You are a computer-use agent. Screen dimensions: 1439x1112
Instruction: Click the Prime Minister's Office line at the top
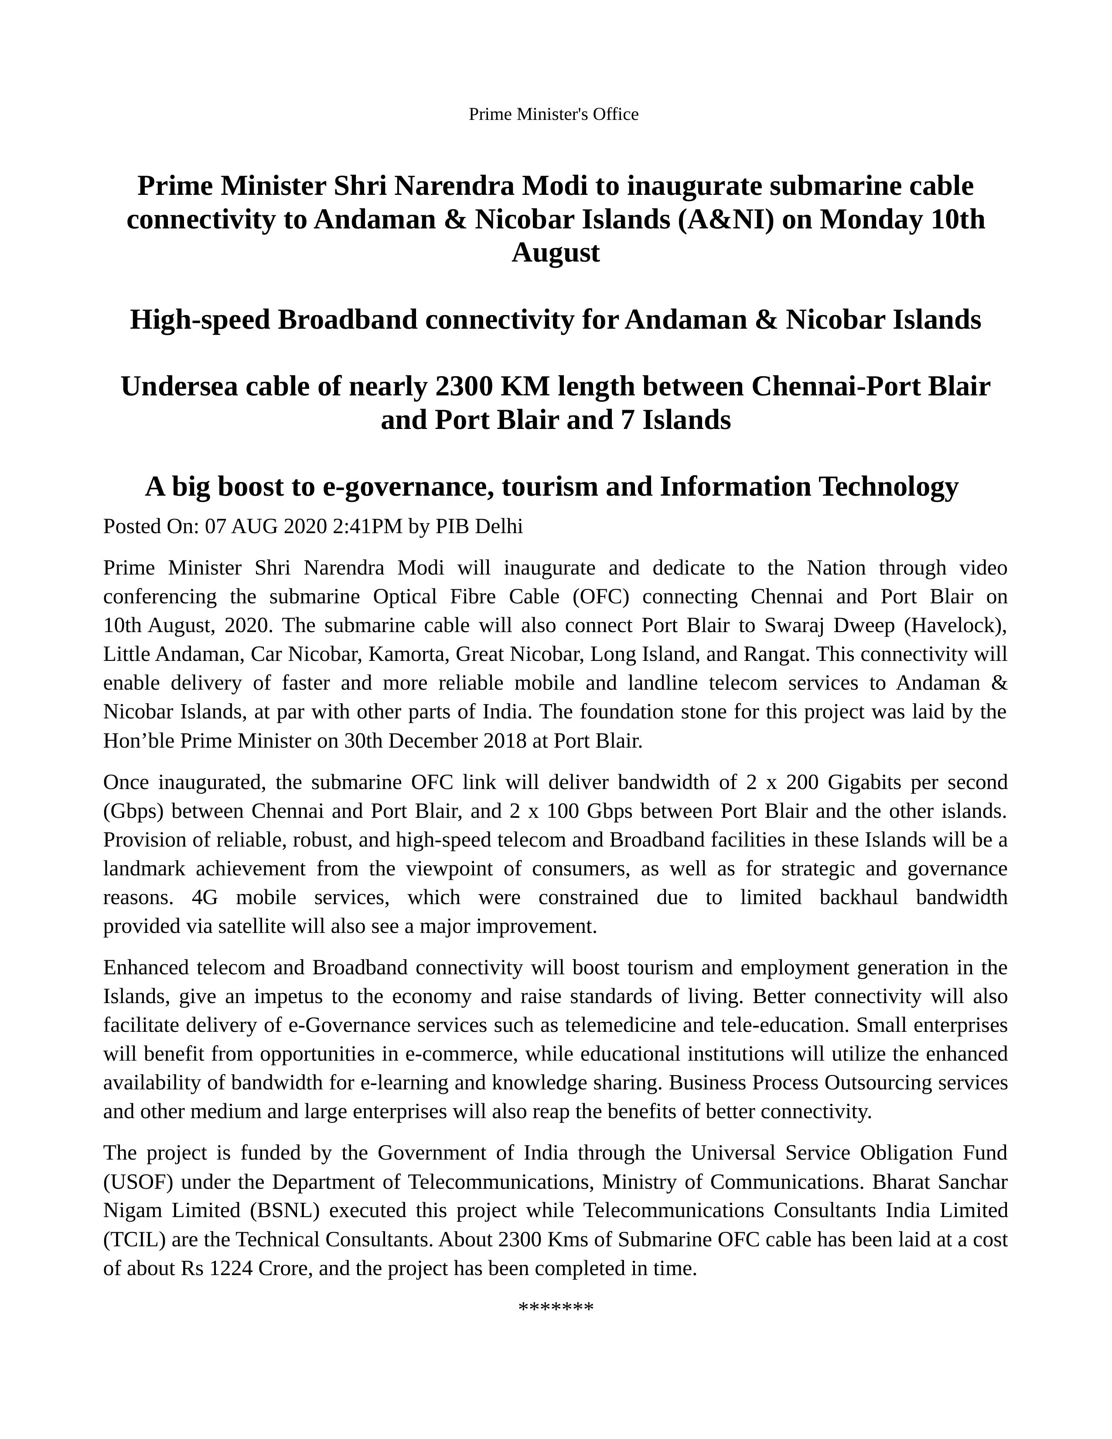point(554,115)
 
